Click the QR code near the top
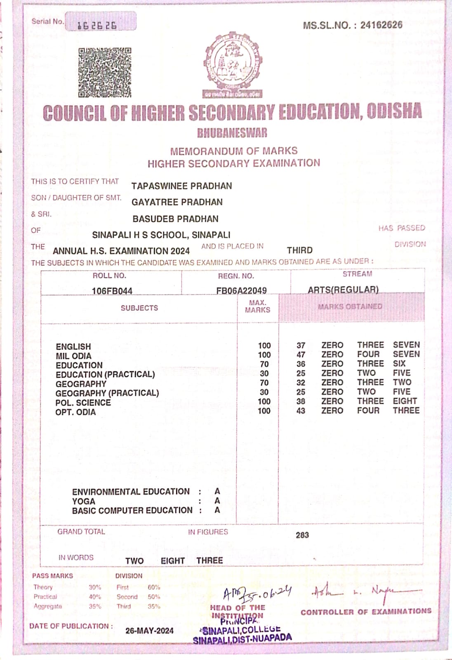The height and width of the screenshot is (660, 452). click(105, 73)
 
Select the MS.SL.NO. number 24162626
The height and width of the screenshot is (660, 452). click(381, 25)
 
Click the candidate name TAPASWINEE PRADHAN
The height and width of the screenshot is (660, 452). click(181, 186)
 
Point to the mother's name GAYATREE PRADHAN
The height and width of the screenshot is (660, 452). click(177, 202)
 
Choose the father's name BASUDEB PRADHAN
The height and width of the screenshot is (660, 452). click(175, 219)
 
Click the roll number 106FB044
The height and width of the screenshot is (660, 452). click(112, 291)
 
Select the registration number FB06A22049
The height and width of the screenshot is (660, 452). click(241, 290)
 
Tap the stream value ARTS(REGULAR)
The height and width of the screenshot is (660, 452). click(343, 290)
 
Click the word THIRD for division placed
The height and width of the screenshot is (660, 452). click(300, 250)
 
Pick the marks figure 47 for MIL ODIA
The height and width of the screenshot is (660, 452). click(301, 355)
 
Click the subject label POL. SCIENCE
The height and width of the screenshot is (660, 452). click(83, 403)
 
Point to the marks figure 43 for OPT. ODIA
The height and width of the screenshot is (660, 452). click(301, 411)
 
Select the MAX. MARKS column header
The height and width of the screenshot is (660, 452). click(257, 306)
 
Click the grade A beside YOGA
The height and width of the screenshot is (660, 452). click(217, 501)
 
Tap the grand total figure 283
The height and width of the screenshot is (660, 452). click(302, 535)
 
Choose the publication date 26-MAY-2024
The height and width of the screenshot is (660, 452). click(149, 631)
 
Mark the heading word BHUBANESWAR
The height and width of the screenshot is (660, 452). click(232, 133)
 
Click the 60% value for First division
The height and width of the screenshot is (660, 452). click(154, 587)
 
